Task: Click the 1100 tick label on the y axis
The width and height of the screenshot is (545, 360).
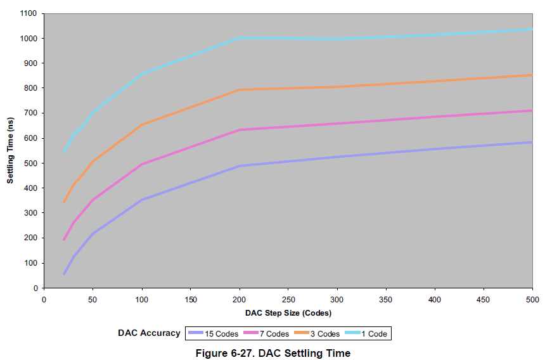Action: click(x=29, y=13)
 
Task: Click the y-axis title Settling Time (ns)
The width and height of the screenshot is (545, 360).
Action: click(x=10, y=150)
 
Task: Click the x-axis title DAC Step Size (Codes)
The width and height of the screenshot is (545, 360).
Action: click(x=288, y=312)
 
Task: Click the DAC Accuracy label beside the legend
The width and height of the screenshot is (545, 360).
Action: click(x=149, y=333)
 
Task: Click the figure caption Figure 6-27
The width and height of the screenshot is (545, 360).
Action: click(x=274, y=353)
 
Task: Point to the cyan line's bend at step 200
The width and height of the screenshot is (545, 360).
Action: click(x=240, y=38)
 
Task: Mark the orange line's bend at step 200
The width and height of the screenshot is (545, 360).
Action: click(x=240, y=90)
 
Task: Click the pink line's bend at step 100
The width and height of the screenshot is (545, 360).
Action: click(x=142, y=165)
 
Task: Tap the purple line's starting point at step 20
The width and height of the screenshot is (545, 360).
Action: click(x=64, y=274)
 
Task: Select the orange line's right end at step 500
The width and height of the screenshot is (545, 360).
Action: click(x=532, y=75)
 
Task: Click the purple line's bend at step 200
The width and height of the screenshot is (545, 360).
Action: click(x=240, y=166)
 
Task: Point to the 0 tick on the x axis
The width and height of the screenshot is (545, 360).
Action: click(x=44, y=288)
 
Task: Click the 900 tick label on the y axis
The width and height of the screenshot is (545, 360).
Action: click(x=30, y=63)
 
